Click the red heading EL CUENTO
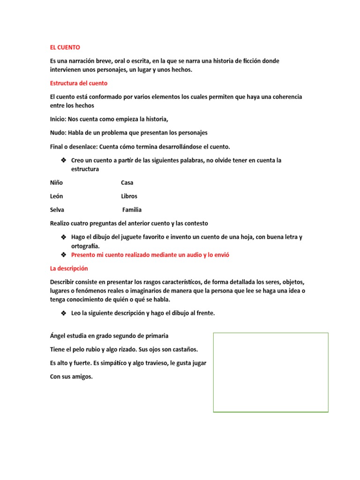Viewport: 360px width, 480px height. click(65, 47)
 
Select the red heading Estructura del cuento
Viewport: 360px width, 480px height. click(78, 83)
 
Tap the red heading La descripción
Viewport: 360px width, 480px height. click(68, 269)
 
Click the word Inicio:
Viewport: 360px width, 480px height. click(58, 119)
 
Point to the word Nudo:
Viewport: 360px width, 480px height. click(58, 133)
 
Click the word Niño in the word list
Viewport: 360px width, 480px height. click(56, 182)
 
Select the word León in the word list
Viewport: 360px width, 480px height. click(57, 196)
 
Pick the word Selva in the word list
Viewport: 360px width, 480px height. click(57, 210)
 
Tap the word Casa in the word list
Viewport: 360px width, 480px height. click(127, 182)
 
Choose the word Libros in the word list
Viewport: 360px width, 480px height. click(129, 196)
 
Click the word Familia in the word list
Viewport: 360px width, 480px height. click(132, 210)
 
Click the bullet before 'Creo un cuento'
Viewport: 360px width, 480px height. click(63, 160)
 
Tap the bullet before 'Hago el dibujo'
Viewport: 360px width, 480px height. click(63, 237)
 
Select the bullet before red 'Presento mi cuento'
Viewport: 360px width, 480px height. click(63, 255)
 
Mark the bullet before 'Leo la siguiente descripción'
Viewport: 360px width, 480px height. click(63, 313)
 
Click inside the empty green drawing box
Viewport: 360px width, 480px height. click(270, 372)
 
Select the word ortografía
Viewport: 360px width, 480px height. click(85, 246)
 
